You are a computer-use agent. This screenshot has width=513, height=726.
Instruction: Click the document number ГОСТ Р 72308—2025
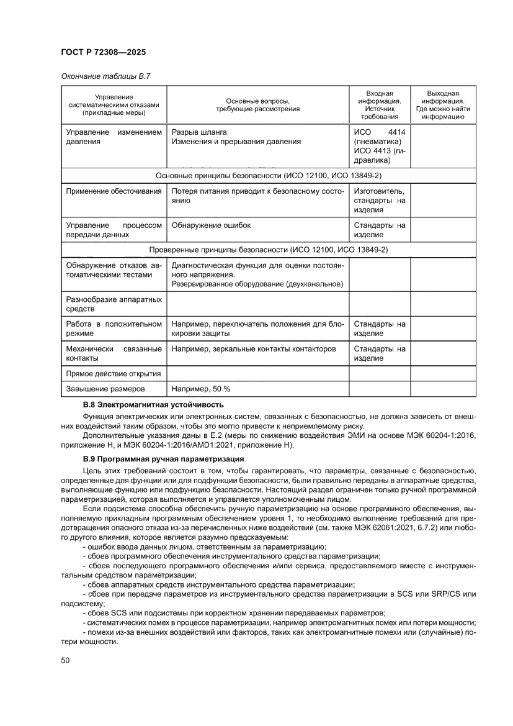(x=103, y=53)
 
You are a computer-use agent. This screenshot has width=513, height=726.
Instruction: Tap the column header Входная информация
(x=380, y=104)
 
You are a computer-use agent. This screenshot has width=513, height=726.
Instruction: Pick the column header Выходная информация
(x=443, y=104)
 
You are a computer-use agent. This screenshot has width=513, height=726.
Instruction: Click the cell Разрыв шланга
(x=200, y=132)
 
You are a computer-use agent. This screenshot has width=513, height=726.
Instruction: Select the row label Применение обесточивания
(x=114, y=191)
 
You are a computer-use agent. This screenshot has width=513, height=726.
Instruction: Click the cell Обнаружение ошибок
(x=212, y=225)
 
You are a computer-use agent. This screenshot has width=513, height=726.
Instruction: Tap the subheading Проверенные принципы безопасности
(x=269, y=250)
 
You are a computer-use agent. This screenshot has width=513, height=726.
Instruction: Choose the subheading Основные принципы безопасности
(x=269, y=176)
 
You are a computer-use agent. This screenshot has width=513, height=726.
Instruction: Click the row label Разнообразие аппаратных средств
(x=114, y=304)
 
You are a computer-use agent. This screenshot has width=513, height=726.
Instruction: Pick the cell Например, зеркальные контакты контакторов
(x=254, y=348)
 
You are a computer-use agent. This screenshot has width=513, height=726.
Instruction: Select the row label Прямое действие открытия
(x=114, y=373)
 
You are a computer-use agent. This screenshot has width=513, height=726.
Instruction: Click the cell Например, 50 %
(x=201, y=389)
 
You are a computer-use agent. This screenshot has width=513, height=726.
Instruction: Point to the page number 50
(x=65, y=661)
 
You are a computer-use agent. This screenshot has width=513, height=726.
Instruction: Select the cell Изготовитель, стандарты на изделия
(x=380, y=201)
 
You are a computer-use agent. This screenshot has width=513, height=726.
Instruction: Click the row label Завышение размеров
(x=105, y=389)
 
